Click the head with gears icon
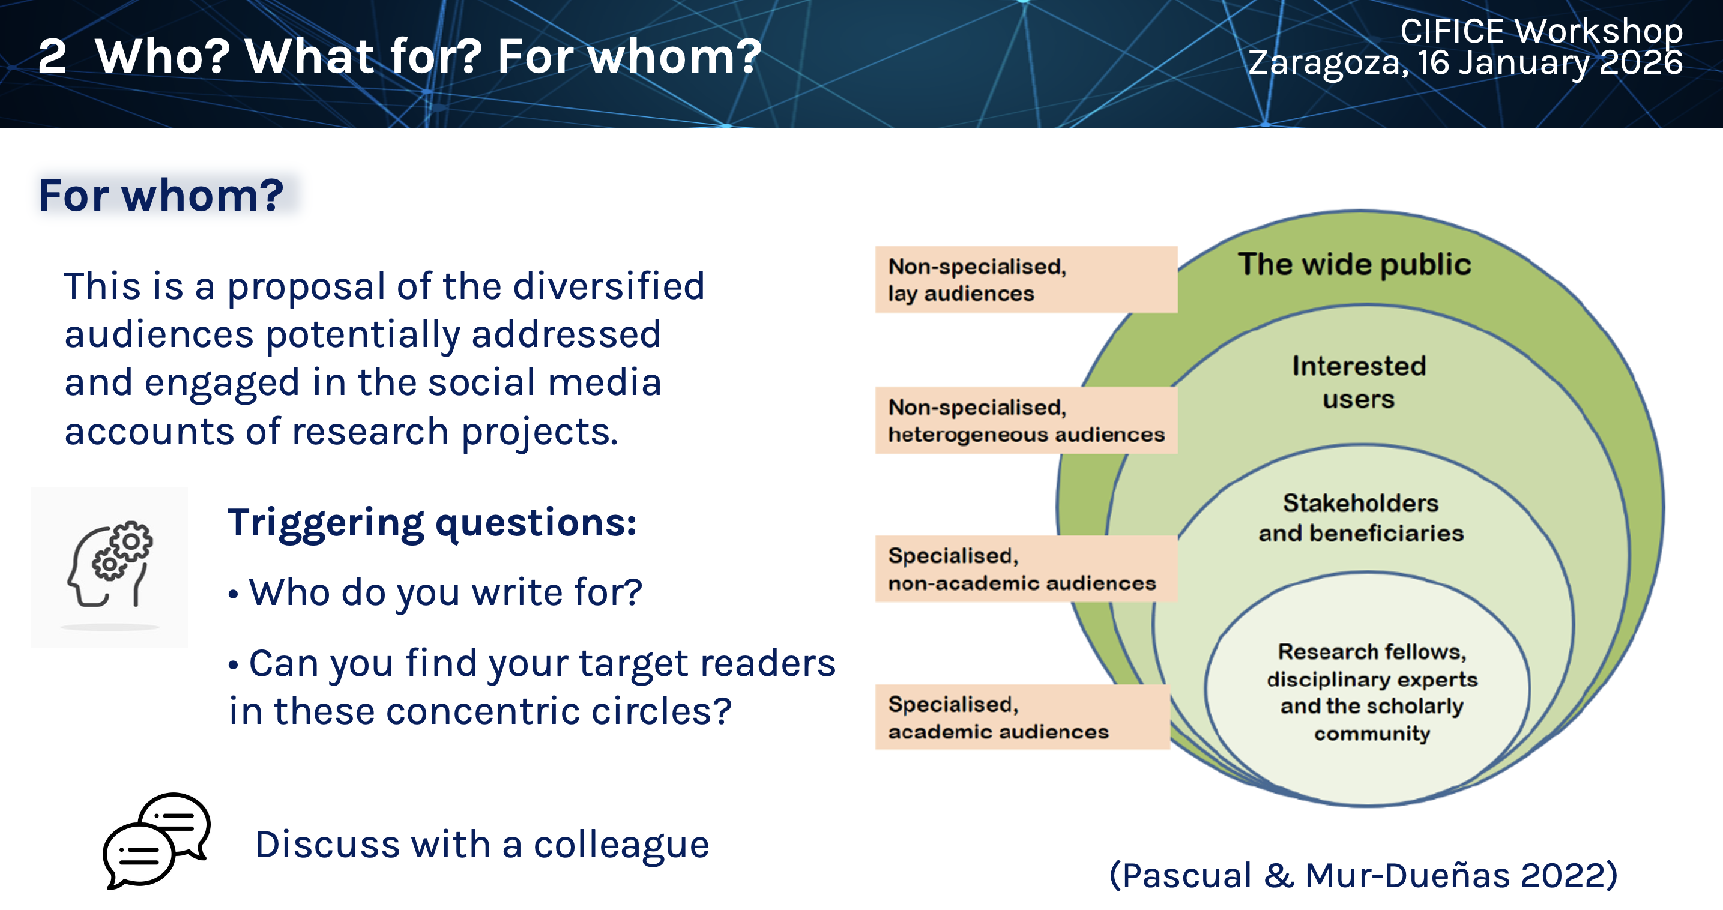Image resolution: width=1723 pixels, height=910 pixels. pyautogui.click(x=110, y=565)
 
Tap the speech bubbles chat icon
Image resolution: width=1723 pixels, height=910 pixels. pyautogui.click(x=157, y=840)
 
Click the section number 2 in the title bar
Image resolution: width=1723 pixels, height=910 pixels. pyautogui.click(x=52, y=56)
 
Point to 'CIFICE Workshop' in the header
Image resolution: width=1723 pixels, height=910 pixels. pyautogui.click(x=1541, y=31)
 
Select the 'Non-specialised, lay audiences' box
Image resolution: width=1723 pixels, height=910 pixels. pyautogui.click(x=1025, y=280)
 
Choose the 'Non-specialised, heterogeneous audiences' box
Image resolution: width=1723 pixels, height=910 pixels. pyautogui.click(x=1025, y=421)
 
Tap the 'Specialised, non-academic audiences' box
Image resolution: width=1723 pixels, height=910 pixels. pyautogui.click(x=1025, y=569)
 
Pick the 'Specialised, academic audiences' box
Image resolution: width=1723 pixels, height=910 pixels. pyautogui.click(x=1022, y=717)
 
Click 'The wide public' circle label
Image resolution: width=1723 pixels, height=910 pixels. pyautogui.click(x=1354, y=264)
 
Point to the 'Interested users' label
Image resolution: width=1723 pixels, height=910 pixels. pyautogui.click(x=1359, y=382)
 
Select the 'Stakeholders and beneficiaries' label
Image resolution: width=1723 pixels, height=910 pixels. pyautogui.click(x=1360, y=517)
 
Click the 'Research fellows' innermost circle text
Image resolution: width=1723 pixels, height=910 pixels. pyautogui.click(x=1371, y=692)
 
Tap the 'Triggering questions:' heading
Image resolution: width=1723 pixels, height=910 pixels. pyautogui.click(x=432, y=522)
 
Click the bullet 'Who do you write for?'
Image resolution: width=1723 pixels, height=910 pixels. pyautogui.click(x=445, y=592)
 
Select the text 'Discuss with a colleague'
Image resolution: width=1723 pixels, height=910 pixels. pyautogui.click(x=481, y=845)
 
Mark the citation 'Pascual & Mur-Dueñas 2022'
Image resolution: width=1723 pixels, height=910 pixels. pyautogui.click(x=1363, y=875)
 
